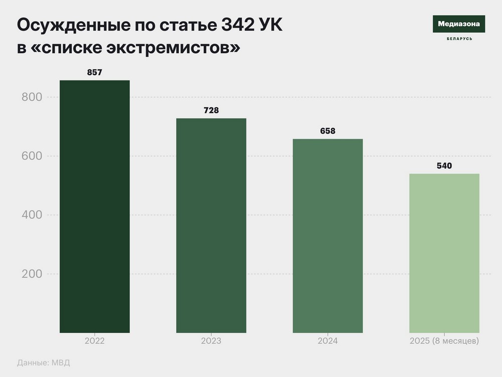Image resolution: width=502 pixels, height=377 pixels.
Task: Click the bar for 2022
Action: click(94, 206)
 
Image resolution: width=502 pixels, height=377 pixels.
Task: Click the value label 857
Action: click(94, 72)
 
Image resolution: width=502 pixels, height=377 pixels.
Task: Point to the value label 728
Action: click(211, 110)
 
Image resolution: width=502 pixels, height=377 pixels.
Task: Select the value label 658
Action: click(327, 131)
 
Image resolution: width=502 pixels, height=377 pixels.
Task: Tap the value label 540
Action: click(444, 165)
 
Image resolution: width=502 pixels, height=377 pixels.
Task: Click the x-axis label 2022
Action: click(94, 341)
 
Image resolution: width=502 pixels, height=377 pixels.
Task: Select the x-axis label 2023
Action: click(211, 341)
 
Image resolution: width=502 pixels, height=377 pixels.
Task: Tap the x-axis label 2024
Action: click(327, 341)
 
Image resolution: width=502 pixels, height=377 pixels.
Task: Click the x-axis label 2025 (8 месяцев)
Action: click(444, 341)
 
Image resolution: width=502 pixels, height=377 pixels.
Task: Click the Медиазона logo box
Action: click(459, 24)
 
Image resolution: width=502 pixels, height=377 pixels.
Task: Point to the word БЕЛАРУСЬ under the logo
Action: click(459, 39)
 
